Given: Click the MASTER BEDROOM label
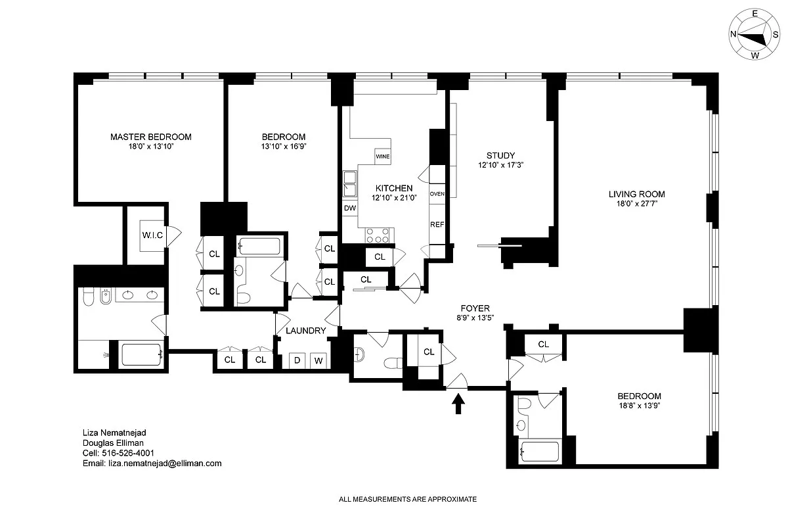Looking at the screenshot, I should coord(150,137).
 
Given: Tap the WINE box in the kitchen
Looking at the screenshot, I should coord(383,157).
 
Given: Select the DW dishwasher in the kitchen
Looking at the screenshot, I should coord(350,208).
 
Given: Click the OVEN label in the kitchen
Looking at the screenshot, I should coord(437,194).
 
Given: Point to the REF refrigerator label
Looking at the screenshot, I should coord(437,224).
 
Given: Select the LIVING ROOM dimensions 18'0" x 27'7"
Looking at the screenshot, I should coord(636,204).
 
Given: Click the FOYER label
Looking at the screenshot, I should coord(475,308).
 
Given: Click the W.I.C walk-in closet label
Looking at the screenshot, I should coord(152,235).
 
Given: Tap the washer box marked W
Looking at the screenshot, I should coord(318,360).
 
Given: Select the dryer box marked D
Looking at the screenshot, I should coord(297,360).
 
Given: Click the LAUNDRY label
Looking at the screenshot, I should coord(305,331).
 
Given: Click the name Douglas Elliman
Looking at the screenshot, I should coord(108,443).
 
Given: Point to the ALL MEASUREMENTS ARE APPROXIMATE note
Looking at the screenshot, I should coord(407,500).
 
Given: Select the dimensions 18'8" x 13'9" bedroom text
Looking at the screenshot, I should coord(639,406).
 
